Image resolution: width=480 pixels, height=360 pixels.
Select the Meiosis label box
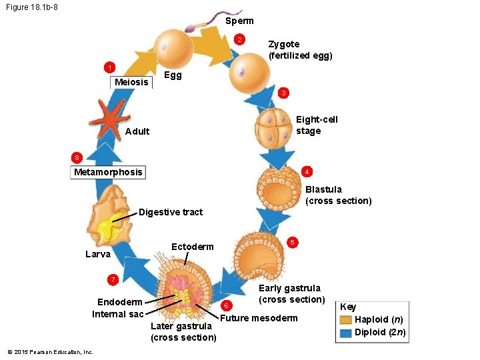(131, 82)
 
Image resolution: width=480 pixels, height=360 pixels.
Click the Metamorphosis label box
(107, 172)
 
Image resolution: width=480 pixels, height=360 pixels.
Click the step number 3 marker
(283, 93)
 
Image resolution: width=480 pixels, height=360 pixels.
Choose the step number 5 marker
(291, 241)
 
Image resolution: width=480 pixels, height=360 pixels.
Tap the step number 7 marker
(113, 278)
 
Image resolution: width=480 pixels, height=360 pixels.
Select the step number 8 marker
(77, 157)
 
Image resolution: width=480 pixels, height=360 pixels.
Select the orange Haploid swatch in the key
(345, 320)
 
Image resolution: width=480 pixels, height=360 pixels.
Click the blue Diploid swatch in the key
(345, 333)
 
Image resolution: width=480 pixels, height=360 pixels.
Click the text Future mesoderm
(259, 318)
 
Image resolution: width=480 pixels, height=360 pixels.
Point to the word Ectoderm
(193, 247)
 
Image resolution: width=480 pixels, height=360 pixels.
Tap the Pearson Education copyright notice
(50, 351)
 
